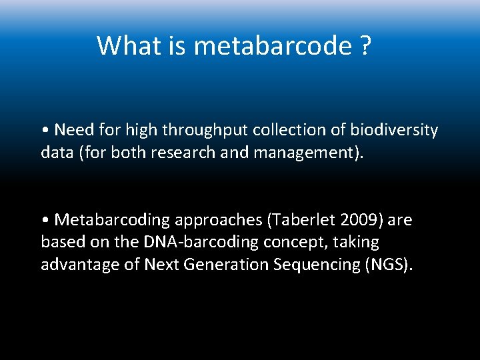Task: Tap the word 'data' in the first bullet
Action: tap(55, 153)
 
